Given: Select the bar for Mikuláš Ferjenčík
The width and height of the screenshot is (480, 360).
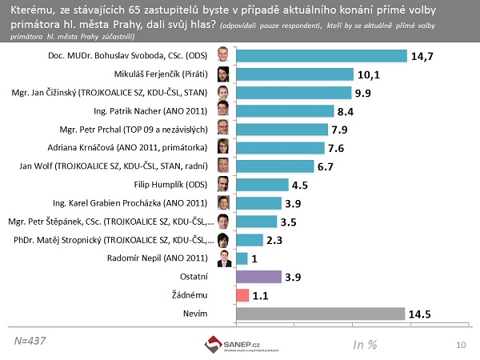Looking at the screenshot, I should pos(294,74).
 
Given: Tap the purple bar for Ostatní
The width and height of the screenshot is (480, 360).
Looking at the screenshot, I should pos(258,277).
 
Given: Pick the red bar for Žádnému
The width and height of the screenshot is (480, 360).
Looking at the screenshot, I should pos(242,295).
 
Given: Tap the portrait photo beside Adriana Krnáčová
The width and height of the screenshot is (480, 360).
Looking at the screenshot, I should pos(225,147).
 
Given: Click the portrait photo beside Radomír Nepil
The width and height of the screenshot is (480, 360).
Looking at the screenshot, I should pos(225,258).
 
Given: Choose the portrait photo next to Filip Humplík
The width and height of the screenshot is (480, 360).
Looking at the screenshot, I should pos(225,185).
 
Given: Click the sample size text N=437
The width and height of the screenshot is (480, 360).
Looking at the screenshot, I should pos(30,341).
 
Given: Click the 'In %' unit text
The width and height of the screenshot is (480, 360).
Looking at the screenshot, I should pos(365,344).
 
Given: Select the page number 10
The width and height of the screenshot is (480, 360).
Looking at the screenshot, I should pos(460,344).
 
